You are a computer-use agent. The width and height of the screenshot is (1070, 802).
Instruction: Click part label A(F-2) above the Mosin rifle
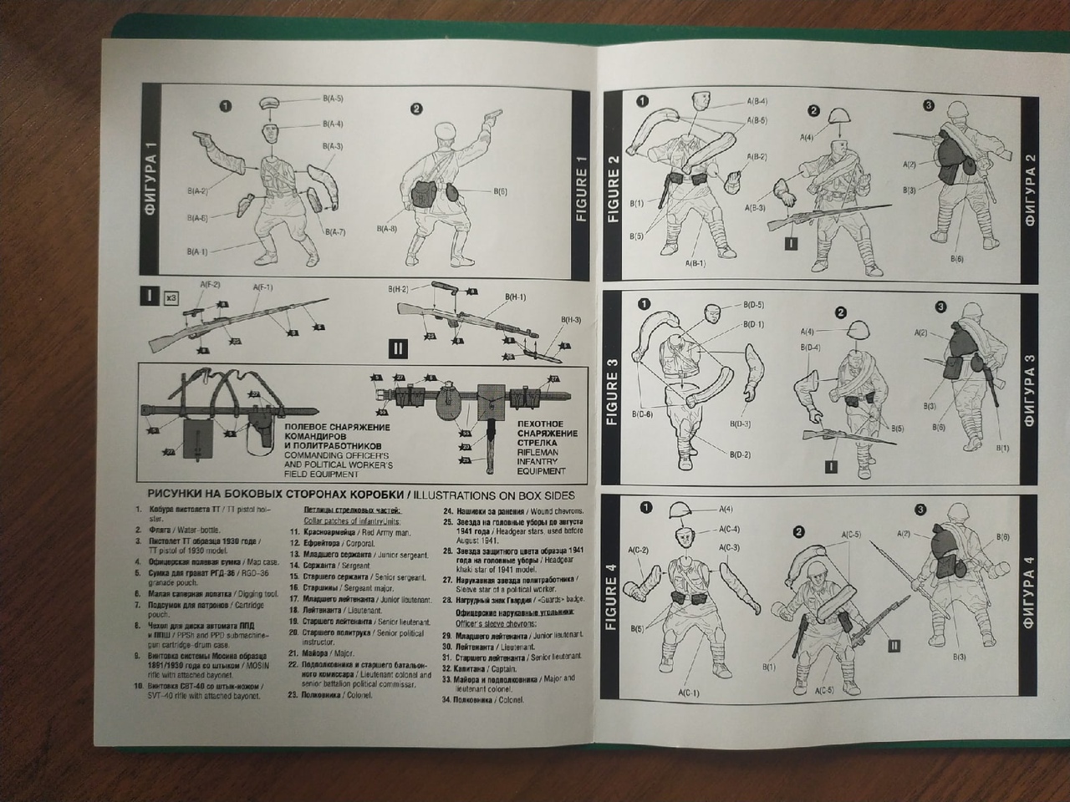pyautogui.click(x=210, y=286)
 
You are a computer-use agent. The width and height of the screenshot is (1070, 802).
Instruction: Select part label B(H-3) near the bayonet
pyautogui.click(x=572, y=320)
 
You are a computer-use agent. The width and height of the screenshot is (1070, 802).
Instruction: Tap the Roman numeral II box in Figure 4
pyautogui.click(x=894, y=645)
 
